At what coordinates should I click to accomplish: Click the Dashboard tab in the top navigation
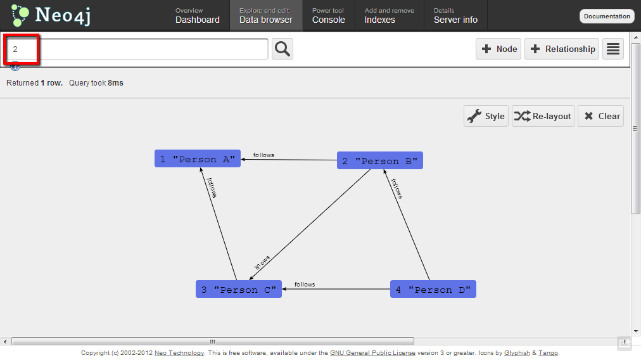point(197,16)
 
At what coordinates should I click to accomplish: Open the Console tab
point(328,16)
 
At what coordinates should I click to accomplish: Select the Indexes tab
point(388,16)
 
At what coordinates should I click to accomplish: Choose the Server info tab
point(455,16)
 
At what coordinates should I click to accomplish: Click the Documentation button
point(607,16)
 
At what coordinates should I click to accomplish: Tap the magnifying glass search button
point(282,49)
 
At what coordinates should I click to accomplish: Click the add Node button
point(498,49)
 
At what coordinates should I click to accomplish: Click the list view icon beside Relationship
point(612,49)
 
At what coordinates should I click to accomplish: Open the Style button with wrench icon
point(486,116)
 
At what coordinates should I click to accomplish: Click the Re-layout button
point(543,116)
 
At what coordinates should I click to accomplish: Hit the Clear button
point(600,116)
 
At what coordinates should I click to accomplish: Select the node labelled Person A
point(198,159)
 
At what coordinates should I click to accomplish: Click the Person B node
point(379,161)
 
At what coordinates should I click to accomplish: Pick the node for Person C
point(238,290)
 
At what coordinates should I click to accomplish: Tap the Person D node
point(433,290)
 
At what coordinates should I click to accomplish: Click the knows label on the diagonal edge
point(262,262)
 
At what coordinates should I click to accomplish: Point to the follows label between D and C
point(305,285)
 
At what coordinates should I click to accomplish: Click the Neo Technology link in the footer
point(179,353)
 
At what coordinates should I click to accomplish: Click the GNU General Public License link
point(372,353)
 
